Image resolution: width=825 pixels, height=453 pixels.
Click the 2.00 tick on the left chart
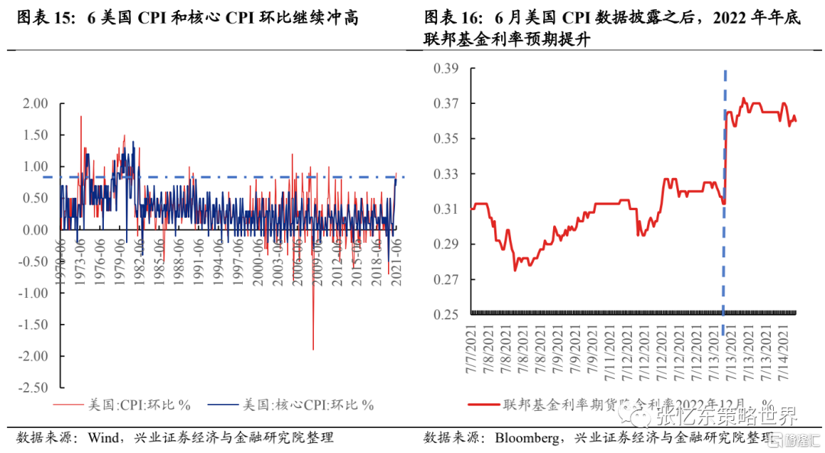(x=34, y=104)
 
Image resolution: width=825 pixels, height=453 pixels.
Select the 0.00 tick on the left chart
(x=34, y=230)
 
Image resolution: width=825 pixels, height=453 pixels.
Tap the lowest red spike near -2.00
(x=313, y=348)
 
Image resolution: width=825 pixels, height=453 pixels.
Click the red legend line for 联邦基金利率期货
(x=482, y=405)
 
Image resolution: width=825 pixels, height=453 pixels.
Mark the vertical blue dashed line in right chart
(x=724, y=191)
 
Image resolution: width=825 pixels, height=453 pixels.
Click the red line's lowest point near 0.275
(x=515, y=270)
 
